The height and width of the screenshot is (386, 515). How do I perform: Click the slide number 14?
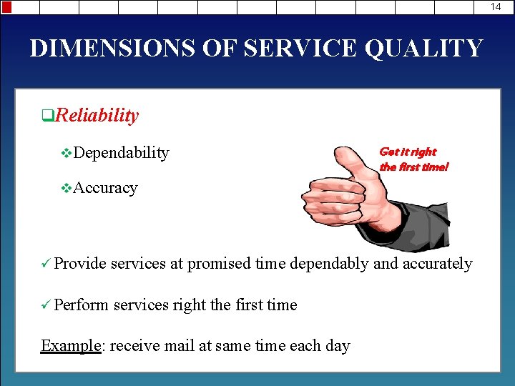[x=496, y=6]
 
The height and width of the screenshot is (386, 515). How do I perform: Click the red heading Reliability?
[x=97, y=115]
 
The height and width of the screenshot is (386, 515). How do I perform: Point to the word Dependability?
[x=121, y=152]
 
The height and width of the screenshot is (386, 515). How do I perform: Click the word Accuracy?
[x=105, y=188]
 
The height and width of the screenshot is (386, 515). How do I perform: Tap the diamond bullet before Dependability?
[x=67, y=153]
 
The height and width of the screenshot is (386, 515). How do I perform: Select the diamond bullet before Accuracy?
[x=67, y=189]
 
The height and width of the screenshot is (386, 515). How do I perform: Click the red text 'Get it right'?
[x=407, y=152]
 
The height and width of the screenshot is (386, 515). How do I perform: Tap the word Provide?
[x=80, y=264]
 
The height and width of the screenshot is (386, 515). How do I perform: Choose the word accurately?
[x=438, y=264]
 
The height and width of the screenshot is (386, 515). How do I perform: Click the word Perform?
[x=82, y=305]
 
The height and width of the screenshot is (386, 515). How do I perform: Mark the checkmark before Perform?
[x=46, y=305]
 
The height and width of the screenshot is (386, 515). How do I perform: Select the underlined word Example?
[x=72, y=346]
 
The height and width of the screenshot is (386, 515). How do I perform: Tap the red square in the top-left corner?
[x=6, y=7]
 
